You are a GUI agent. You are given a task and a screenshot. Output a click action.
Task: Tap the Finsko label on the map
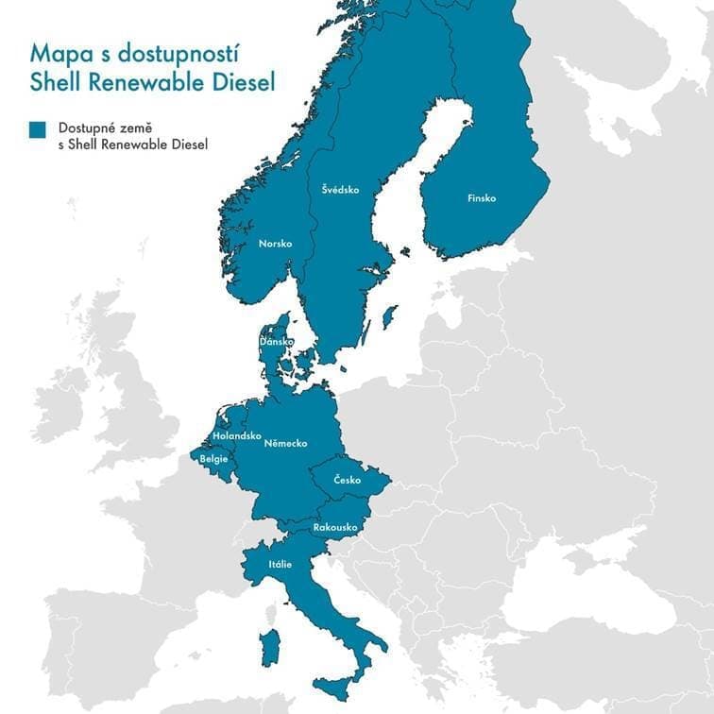tap(482, 198)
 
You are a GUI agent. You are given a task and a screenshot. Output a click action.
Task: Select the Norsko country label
tap(276, 244)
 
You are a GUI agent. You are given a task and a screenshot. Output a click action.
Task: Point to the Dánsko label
tap(277, 341)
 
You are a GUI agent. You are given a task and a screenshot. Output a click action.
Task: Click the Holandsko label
tap(237, 435)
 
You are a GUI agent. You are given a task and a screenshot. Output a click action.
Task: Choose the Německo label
tap(285, 443)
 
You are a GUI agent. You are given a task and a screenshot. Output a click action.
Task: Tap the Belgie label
tap(213, 459)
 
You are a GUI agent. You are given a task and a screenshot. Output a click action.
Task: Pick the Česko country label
tap(348, 481)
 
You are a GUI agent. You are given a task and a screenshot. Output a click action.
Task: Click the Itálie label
tap(280, 565)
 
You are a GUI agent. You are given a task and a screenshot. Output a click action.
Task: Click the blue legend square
tap(39, 130)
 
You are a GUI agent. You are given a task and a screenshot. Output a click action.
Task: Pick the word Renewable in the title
tap(141, 83)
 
